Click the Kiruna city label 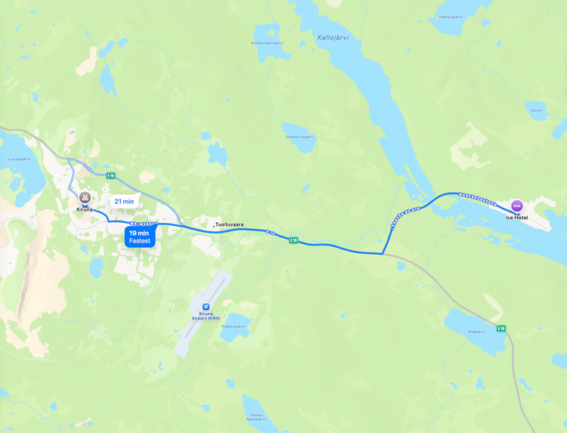[84, 209]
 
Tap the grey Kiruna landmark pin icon [85, 198]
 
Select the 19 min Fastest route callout [140, 237]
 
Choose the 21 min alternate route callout [123, 202]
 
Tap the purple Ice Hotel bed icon [517, 206]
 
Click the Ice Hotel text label [517, 218]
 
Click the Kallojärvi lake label [333, 36]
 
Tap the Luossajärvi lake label [19, 159]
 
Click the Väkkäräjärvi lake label [451, 16]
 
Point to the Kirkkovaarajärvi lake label [267, 43]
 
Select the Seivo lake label [536, 110]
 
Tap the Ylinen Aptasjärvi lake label [256, 416]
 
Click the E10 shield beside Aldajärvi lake [500, 328]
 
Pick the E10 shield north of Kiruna [111, 176]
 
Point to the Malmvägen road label [142, 224]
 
